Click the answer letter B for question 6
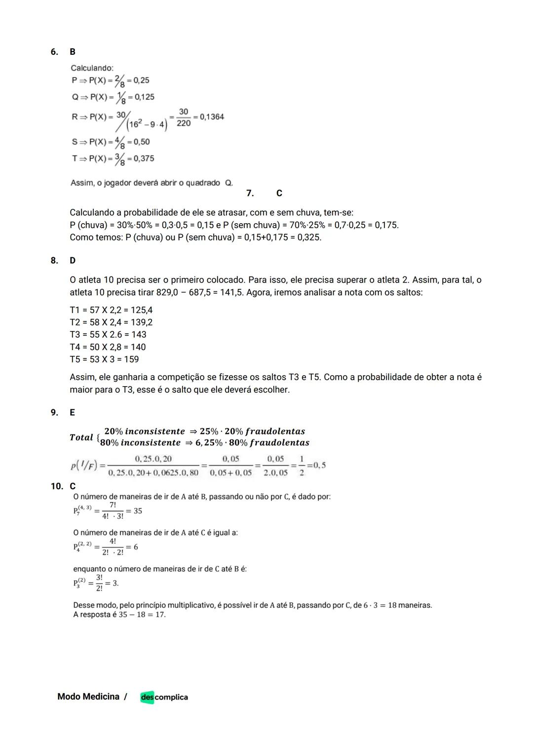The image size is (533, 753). tap(73, 52)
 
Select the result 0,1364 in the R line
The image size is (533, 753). tap(211, 117)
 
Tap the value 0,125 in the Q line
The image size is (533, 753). tap(144, 97)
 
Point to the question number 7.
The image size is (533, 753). tap(250, 193)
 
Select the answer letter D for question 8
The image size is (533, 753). tap(73, 260)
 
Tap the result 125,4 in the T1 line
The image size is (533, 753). tap(142, 310)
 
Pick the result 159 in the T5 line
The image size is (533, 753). tap(131, 359)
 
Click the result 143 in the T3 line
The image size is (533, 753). tap(139, 335)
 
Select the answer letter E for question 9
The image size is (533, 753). tap(73, 412)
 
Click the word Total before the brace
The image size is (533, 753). tap(81, 437)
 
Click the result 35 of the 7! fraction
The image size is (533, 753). tap(138, 511)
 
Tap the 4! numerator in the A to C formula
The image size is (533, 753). tap(113, 541)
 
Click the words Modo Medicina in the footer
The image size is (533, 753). tap(88, 697)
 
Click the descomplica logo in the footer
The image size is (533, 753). tap(164, 697)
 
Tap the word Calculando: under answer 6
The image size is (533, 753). tap(92, 68)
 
